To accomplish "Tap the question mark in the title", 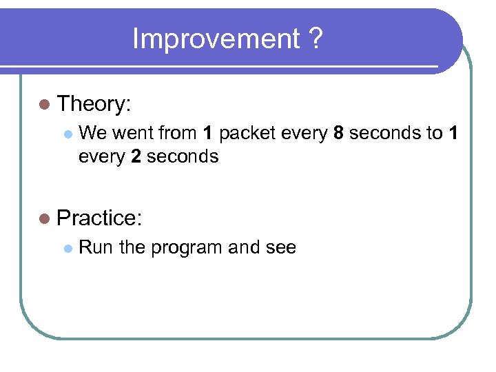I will pos(314,39).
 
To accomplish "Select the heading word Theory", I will pos(94,105).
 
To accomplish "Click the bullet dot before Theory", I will pos(45,105).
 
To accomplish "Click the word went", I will pos(135,133).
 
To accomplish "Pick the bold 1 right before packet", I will pos(207,133).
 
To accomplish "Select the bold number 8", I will pos(338,133).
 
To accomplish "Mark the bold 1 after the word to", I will pos(453,133).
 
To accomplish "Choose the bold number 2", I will pos(135,156).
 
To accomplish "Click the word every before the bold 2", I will pos(102,156).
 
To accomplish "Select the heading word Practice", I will pos(99,218).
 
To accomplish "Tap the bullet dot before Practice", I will pos(45,218).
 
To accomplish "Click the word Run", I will pos(96,247).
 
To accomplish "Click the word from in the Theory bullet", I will pos(178,133).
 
